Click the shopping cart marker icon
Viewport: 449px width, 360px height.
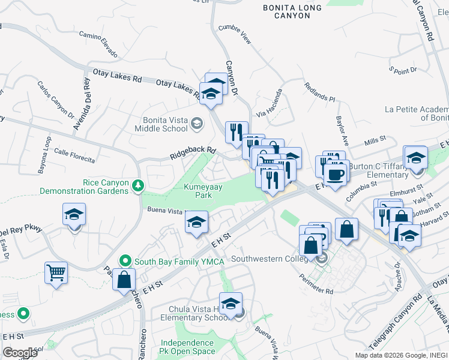tap(56, 273)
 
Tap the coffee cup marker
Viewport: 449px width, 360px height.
tap(334, 174)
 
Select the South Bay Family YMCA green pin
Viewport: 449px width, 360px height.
tap(125, 261)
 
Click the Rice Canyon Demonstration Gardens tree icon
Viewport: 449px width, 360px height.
tap(139, 185)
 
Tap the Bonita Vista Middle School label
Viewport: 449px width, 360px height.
tap(165, 124)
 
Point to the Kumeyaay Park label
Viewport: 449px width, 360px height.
tap(203, 191)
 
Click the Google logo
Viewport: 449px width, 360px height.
tap(21, 353)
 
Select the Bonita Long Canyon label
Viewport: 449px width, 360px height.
tap(292, 12)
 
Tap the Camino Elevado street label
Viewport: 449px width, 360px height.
tap(98, 44)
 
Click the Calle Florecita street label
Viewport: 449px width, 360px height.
tap(74, 156)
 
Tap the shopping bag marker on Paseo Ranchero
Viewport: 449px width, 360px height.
tap(124, 280)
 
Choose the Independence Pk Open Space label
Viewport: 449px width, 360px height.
tap(187, 347)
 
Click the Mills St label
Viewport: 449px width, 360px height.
tap(375, 140)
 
